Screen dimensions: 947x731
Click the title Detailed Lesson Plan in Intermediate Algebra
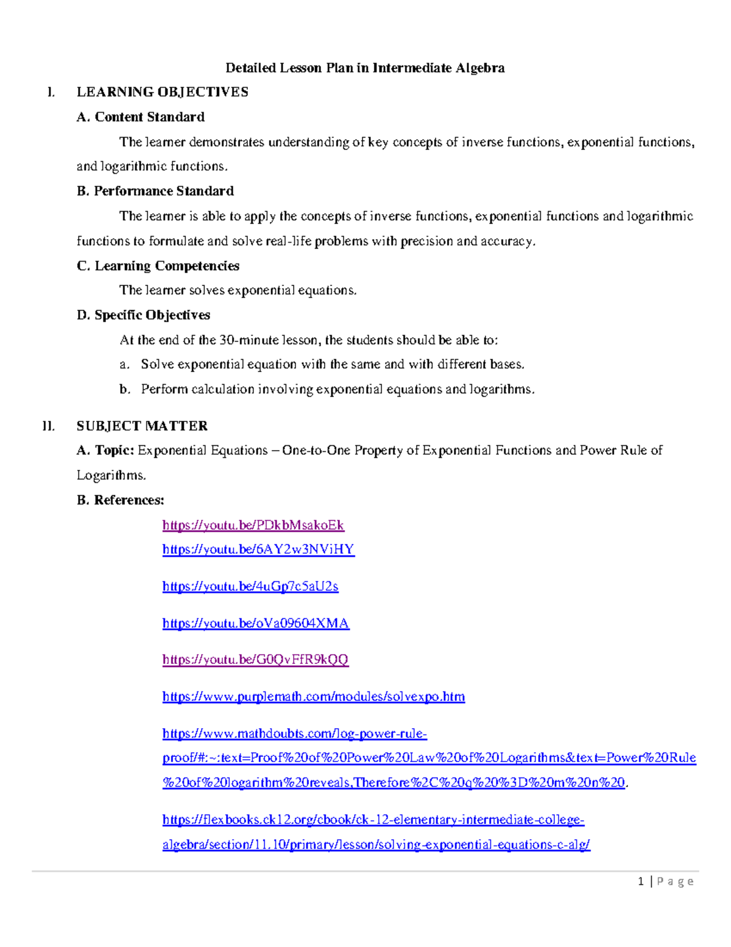(365, 68)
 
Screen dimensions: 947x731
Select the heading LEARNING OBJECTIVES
(162, 92)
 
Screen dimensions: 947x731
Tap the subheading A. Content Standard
(141, 117)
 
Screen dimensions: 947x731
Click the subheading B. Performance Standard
(155, 191)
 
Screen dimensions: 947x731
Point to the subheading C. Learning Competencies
(158, 266)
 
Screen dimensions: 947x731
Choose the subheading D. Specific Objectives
(143, 315)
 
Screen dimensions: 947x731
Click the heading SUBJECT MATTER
(142, 426)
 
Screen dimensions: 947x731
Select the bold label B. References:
(121, 500)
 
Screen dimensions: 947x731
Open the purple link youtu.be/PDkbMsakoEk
(253, 525)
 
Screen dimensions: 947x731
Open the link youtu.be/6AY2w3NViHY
(258, 549)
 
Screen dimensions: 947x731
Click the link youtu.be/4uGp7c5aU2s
(250, 587)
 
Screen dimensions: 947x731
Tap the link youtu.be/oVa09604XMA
(256, 623)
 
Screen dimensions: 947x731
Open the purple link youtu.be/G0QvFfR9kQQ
(255, 660)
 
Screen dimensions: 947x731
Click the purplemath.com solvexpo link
(313, 696)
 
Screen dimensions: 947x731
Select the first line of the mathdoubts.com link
(294, 734)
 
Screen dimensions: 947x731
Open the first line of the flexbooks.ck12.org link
(373, 820)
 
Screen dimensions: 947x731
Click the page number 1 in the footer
(641, 881)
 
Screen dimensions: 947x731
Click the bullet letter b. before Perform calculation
(125, 389)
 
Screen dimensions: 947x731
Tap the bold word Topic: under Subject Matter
(115, 451)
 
